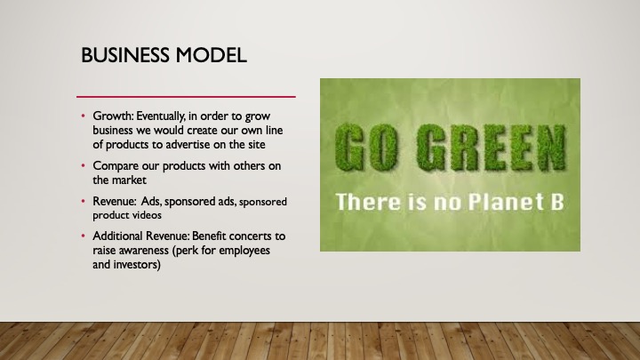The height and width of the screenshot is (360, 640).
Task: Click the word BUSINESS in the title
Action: [x=125, y=55]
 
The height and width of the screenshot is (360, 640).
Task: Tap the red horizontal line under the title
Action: [x=186, y=97]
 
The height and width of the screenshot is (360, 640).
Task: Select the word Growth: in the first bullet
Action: [x=114, y=116]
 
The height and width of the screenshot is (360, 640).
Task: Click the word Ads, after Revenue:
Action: [x=151, y=202]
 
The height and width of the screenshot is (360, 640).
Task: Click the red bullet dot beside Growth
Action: [x=84, y=116]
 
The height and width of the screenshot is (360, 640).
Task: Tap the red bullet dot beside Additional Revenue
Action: [x=84, y=236]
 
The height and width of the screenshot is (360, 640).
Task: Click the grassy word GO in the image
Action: [x=366, y=148]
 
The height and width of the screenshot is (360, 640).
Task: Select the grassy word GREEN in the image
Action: [x=492, y=148]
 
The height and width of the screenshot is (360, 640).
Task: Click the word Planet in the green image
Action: [x=505, y=202]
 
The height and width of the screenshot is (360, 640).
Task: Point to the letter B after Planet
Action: [x=557, y=202]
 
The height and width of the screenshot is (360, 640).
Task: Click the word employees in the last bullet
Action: [x=244, y=251]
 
